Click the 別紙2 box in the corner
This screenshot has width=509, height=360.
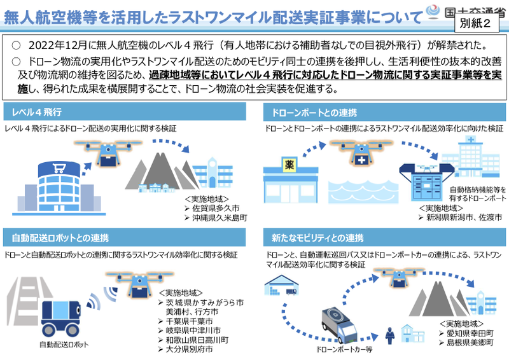point(479,24)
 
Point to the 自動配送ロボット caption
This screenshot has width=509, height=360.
point(61,345)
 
